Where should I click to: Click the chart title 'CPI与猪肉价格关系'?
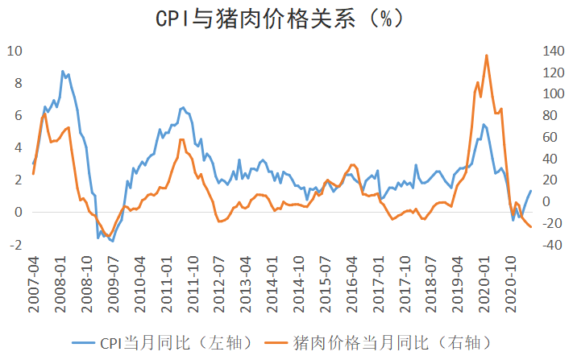[255, 19]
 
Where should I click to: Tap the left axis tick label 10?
[15, 51]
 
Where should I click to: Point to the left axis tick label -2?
[15, 245]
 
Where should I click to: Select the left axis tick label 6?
[19, 116]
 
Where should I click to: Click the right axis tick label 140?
[554, 51]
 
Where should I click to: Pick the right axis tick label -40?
[552, 245]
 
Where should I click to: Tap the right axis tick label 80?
[550, 116]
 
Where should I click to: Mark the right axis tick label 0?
[546, 201]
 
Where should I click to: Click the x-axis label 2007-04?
[34, 284]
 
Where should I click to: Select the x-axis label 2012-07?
[218, 284]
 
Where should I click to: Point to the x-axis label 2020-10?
[510, 284]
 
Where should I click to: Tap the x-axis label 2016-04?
[351, 284]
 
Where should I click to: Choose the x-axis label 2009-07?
[113, 284]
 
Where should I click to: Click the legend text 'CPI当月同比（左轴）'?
[176, 343]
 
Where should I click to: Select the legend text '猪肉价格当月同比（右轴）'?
[392, 343]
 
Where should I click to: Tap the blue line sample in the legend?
[84, 343]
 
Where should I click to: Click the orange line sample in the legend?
[276, 343]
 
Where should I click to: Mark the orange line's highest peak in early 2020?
[487, 56]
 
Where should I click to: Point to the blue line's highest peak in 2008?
[63, 71]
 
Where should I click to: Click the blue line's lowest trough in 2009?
[113, 242]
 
